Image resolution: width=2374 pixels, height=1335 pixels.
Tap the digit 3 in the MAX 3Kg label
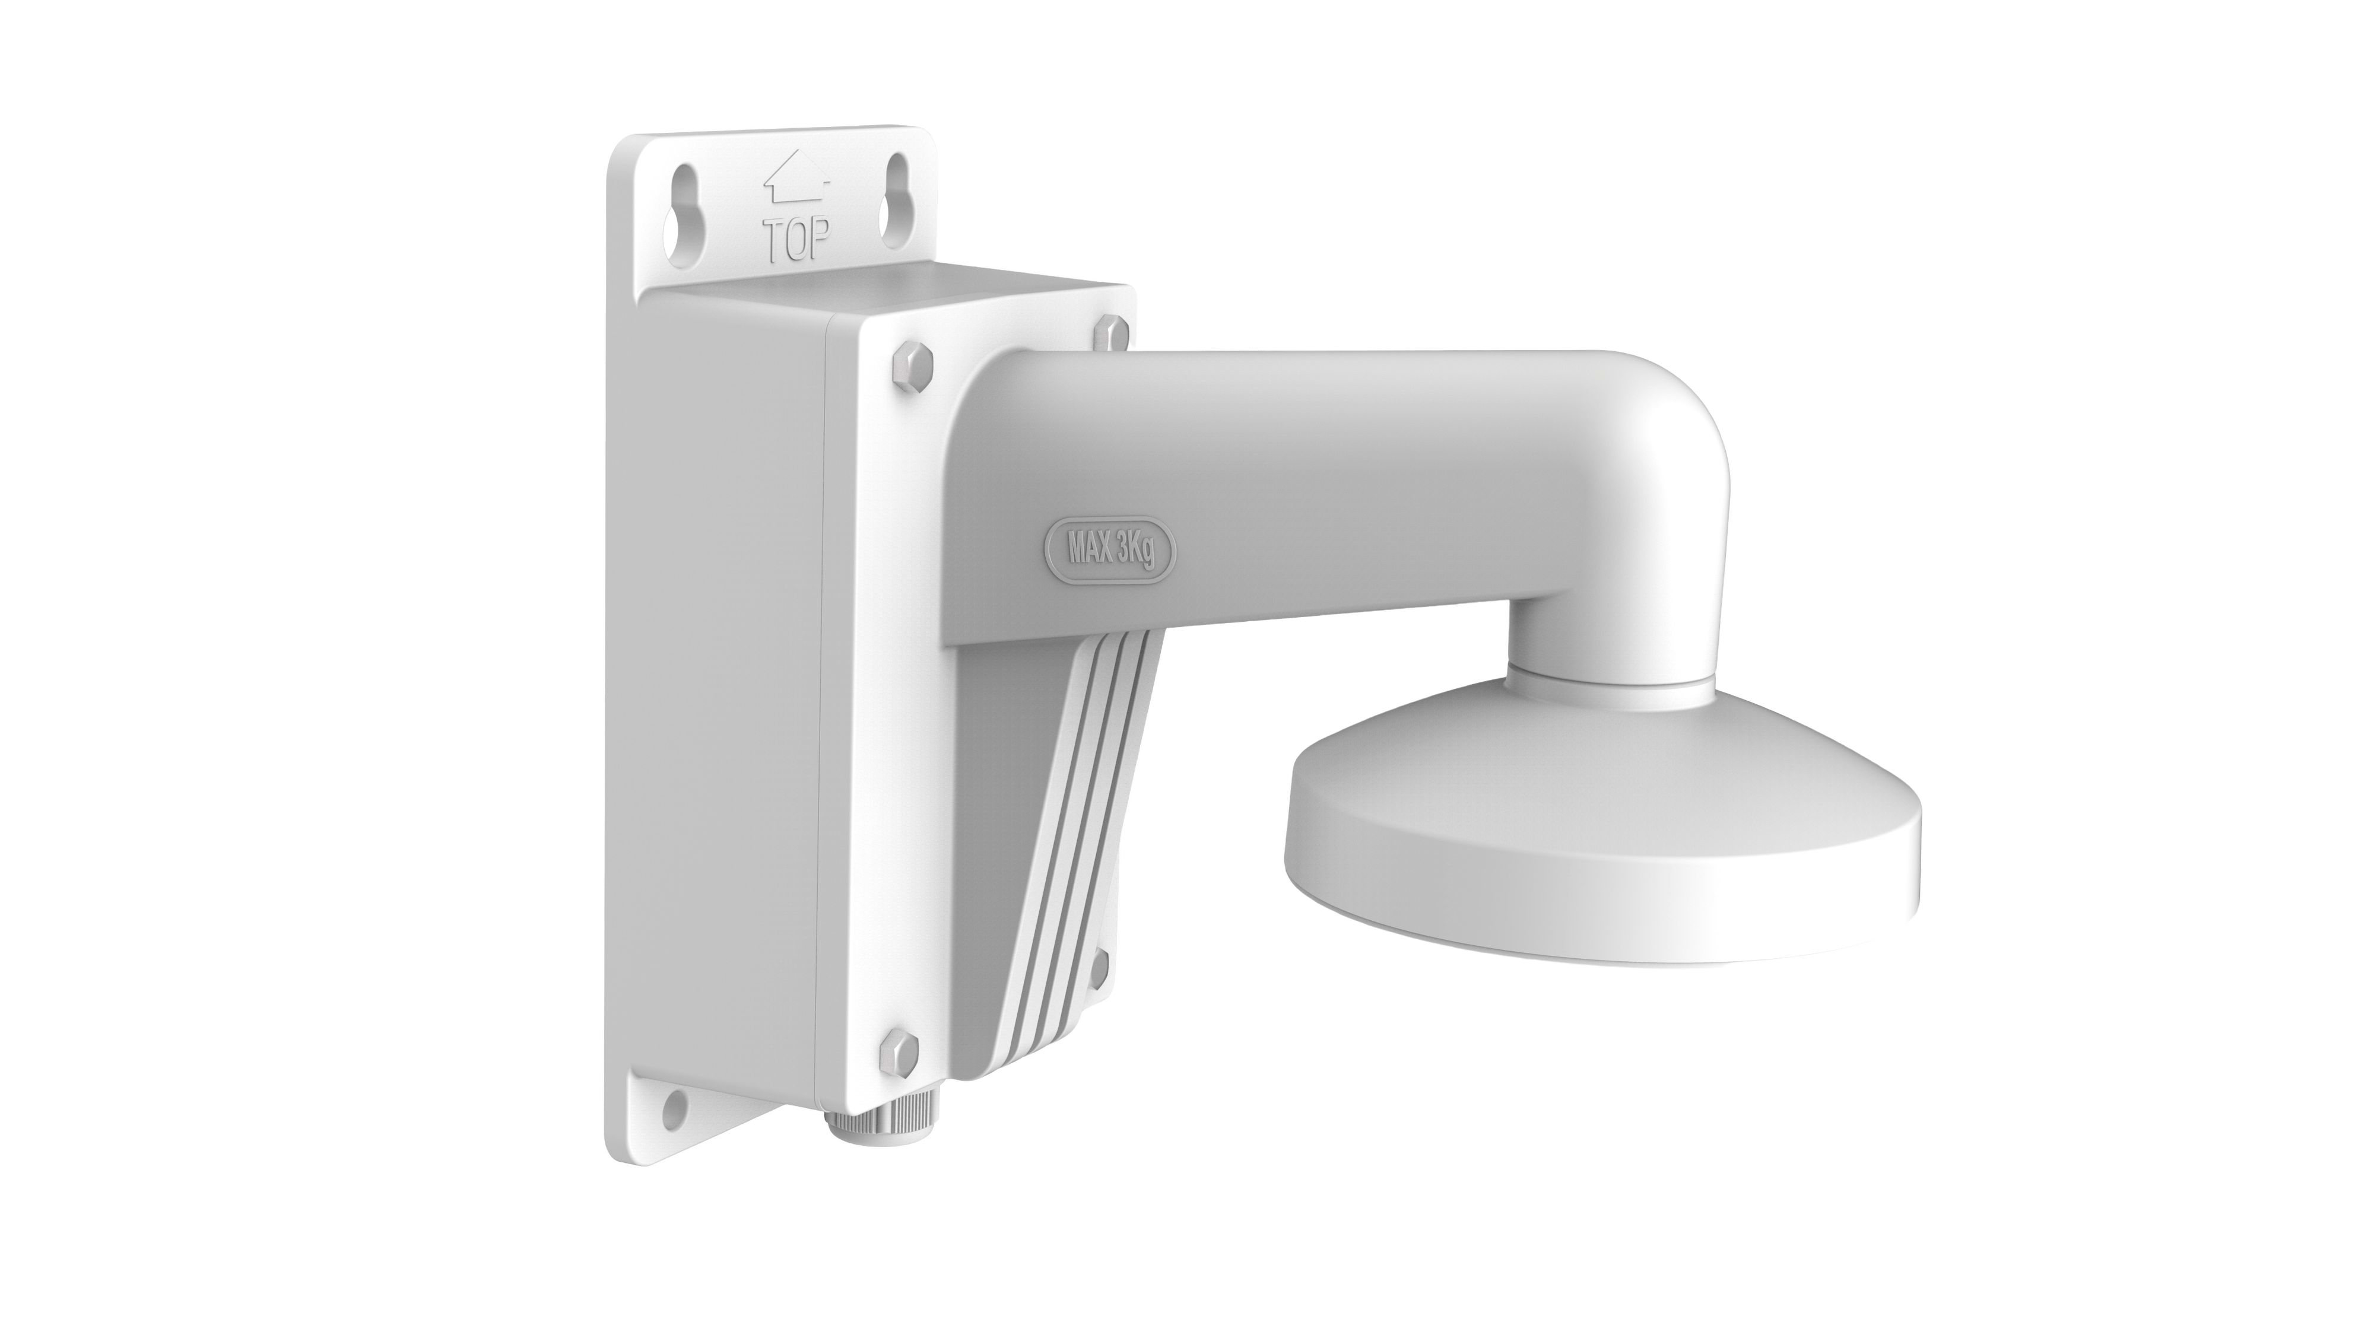point(1126,551)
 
